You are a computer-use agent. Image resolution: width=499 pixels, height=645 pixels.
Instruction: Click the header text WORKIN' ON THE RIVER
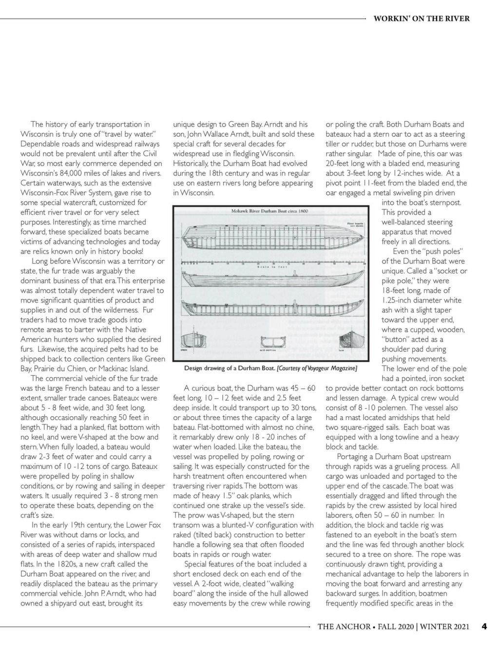[422, 18]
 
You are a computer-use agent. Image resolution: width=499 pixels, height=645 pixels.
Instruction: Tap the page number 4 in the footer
[484, 627]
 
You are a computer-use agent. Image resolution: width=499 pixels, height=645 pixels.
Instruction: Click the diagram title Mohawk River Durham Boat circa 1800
[269, 211]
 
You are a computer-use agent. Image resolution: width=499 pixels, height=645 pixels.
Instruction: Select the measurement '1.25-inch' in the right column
[398, 300]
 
